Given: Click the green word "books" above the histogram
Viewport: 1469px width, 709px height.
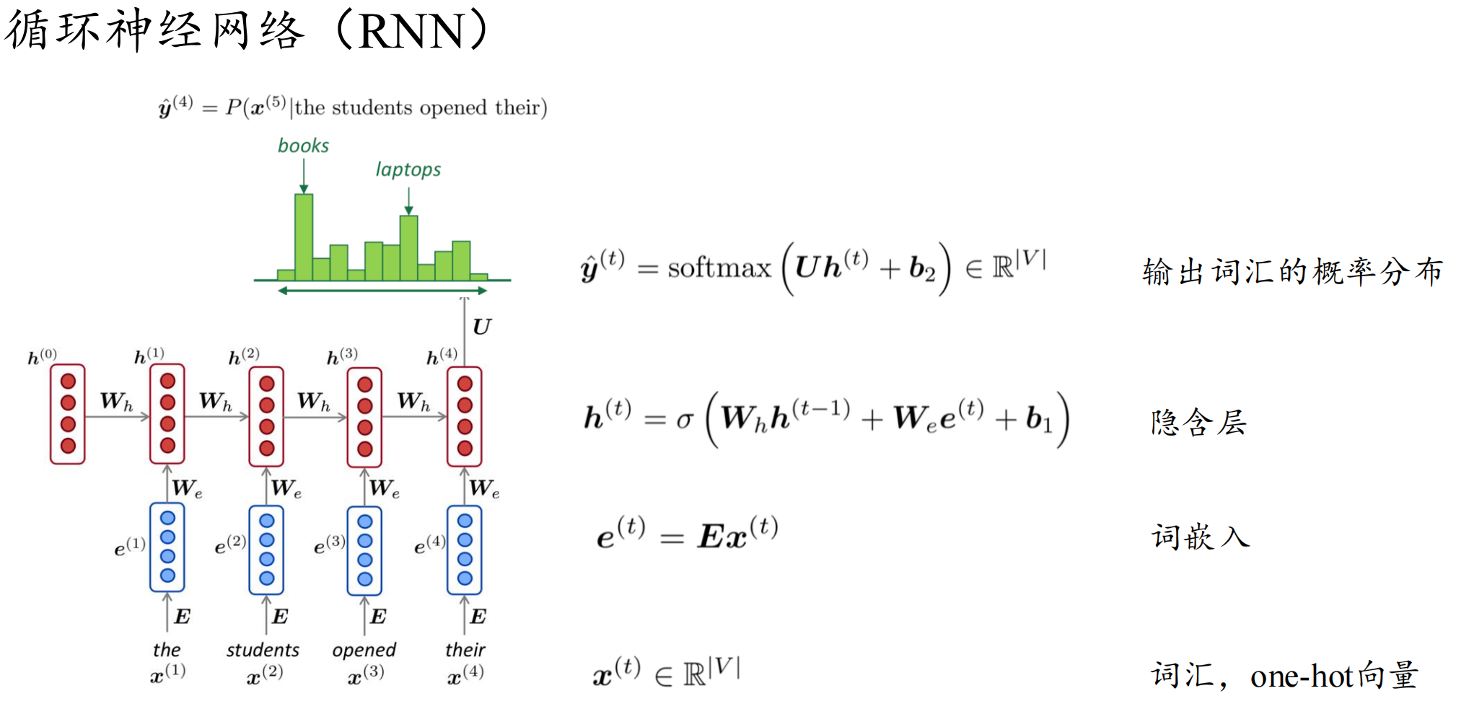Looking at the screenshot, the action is [x=303, y=146].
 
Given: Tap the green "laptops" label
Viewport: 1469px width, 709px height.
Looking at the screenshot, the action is [x=408, y=169].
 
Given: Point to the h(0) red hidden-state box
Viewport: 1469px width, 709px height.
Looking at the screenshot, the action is [x=68, y=413].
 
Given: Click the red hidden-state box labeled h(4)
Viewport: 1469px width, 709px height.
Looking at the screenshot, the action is [x=465, y=416].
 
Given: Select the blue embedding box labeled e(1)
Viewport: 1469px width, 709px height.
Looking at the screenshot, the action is [x=167, y=547].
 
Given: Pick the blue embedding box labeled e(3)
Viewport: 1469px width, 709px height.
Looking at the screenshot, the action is [x=365, y=550].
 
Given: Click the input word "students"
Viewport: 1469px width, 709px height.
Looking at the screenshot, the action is [x=263, y=650].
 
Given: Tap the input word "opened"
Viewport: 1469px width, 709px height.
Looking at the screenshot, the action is [x=364, y=650].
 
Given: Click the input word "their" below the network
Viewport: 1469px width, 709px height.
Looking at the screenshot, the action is [x=465, y=650].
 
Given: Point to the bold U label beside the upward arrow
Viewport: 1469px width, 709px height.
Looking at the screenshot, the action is [x=481, y=327].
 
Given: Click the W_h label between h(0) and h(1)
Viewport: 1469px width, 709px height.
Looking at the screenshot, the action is [x=116, y=402].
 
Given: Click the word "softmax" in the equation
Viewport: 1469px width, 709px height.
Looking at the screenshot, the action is [x=719, y=268].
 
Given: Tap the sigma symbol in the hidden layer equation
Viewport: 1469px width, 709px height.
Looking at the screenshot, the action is [x=684, y=419].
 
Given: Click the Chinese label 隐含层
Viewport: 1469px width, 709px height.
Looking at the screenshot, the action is [x=1198, y=422].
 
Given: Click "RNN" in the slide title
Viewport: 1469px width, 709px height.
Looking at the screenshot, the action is [x=411, y=32].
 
